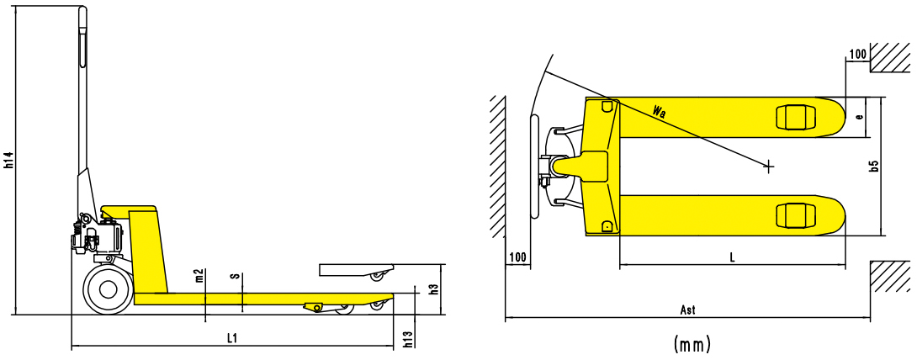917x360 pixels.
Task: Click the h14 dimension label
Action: (x=8, y=160)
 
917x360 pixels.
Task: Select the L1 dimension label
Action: (x=233, y=338)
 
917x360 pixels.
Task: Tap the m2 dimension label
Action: (x=199, y=275)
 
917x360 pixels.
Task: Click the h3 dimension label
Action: (x=433, y=289)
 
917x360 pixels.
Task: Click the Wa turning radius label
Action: (x=660, y=111)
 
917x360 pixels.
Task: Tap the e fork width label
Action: (x=859, y=117)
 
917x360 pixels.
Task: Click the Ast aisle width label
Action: (x=687, y=310)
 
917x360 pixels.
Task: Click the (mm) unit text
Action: (x=692, y=344)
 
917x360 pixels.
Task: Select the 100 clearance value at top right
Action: (x=857, y=55)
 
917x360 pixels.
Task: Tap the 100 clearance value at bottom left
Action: (x=517, y=256)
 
